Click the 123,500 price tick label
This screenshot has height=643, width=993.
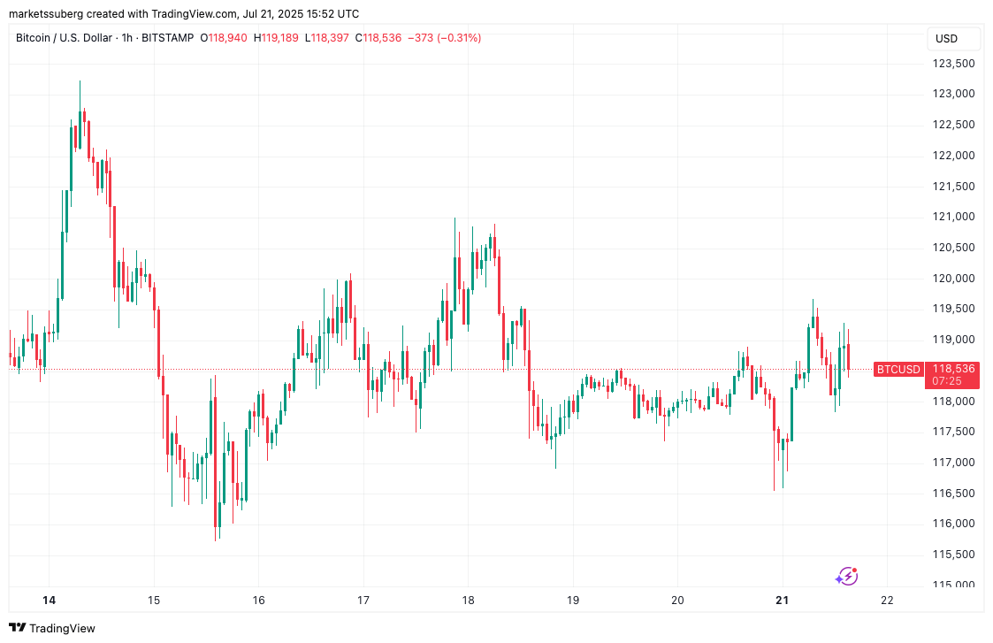point(953,64)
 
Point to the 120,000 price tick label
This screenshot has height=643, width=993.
point(953,279)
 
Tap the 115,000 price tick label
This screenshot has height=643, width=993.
point(953,585)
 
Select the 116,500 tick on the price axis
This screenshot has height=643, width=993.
point(953,493)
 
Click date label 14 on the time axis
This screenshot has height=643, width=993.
point(50,601)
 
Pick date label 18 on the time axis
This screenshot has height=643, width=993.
point(468,601)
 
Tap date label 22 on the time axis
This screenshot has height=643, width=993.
point(887,601)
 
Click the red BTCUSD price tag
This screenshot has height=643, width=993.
point(898,369)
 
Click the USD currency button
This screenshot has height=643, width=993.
point(946,39)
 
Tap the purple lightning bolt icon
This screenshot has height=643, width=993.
point(846,577)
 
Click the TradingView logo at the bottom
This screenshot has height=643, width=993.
point(51,628)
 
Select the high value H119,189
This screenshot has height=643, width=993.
point(277,38)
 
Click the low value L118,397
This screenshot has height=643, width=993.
point(326,38)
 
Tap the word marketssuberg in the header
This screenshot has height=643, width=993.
point(44,14)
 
